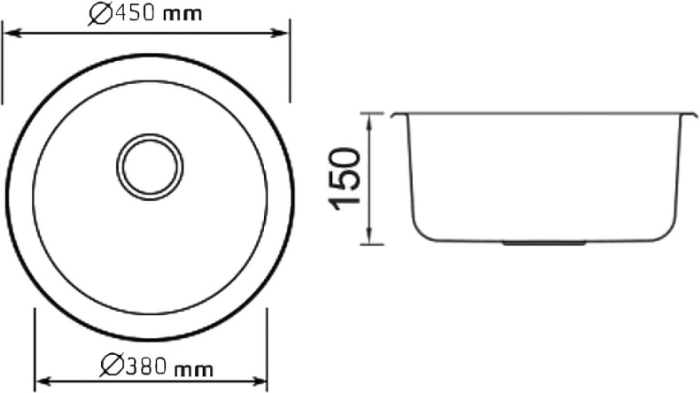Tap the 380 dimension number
[143, 364]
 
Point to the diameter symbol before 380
[111, 364]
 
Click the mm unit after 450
[183, 15]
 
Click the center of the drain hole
[152, 166]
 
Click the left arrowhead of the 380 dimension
[40, 381]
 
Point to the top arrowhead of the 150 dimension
[371, 119]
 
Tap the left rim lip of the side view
[397, 116]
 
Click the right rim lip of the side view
[692, 116]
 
